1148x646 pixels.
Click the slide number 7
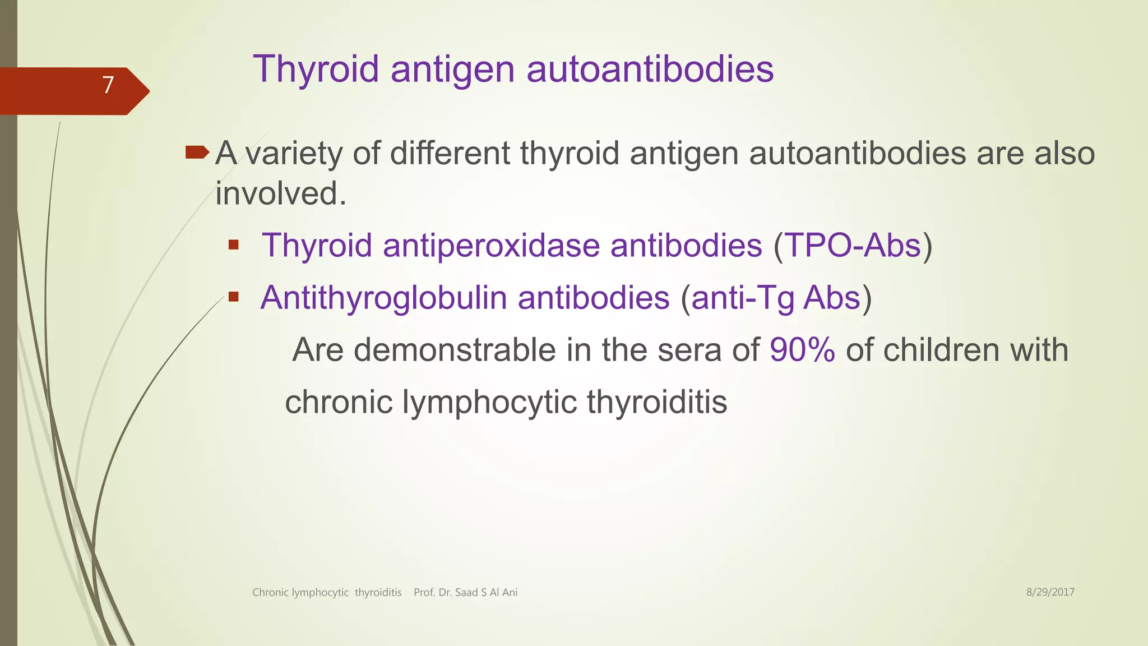(108, 85)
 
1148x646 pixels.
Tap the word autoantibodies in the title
(650, 70)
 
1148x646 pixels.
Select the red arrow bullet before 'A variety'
(197, 152)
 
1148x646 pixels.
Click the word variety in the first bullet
(294, 154)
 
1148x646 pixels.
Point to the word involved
(280, 193)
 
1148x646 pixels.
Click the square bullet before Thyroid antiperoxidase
(234, 244)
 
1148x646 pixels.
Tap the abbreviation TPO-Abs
(853, 246)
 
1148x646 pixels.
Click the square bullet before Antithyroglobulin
(234, 297)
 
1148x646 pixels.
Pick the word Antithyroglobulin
(383, 298)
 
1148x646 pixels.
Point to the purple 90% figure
(802, 350)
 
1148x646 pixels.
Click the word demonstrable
(455, 350)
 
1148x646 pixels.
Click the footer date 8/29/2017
(1050, 592)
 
